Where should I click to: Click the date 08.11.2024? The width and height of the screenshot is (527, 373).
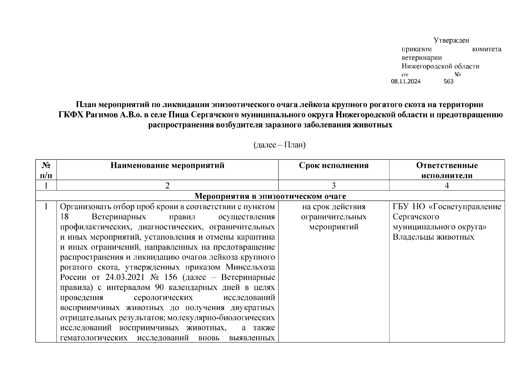[406, 81]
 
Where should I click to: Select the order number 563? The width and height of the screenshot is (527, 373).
[448, 81]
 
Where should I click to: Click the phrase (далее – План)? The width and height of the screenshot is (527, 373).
[279, 145]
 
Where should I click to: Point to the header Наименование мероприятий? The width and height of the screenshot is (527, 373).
[167, 165]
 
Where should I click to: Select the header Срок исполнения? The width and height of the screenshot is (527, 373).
[334, 165]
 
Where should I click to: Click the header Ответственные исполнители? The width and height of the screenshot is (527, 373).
[447, 170]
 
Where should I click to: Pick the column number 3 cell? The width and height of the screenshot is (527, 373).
[334, 186]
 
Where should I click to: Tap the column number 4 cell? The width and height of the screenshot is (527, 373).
[447, 186]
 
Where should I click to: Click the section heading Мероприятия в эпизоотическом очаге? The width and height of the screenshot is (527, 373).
[270, 196]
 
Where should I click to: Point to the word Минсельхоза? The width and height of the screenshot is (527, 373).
[250, 267]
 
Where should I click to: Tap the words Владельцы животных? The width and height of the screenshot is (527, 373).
[433, 237]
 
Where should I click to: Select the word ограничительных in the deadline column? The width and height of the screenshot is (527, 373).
[334, 217]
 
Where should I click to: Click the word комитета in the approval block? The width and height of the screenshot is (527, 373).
[486, 49]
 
